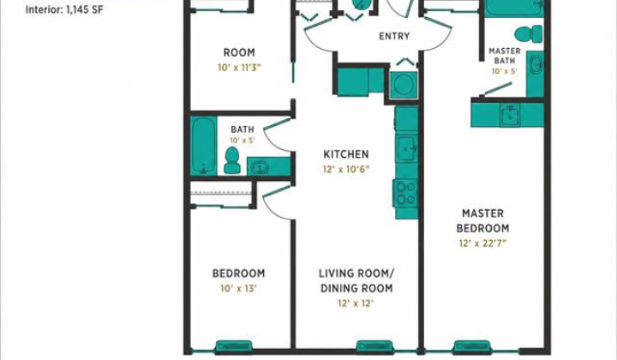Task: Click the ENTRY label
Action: pyautogui.click(x=394, y=36)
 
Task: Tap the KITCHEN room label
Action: pyautogui.click(x=346, y=154)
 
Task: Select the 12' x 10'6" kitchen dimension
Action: pyautogui.click(x=346, y=169)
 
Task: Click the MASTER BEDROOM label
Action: pyautogui.click(x=482, y=221)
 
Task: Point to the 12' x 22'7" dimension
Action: pyautogui.click(x=482, y=243)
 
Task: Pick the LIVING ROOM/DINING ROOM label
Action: pyautogui.click(x=356, y=280)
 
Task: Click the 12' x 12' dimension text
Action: pyautogui.click(x=356, y=303)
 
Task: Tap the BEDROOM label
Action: pyautogui.click(x=239, y=273)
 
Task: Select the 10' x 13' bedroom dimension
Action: pyautogui.click(x=238, y=288)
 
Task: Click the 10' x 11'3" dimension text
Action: pyautogui.click(x=239, y=67)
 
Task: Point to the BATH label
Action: pyautogui.click(x=243, y=129)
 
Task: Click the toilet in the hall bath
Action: pyautogui.click(x=232, y=160)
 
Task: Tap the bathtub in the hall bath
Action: pyautogui.click(x=203, y=146)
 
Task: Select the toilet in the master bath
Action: pyautogui.click(x=529, y=33)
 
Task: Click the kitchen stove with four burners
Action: pyautogui.click(x=405, y=193)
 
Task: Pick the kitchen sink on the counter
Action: pyautogui.click(x=406, y=148)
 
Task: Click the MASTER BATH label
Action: pyautogui.click(x=505, y=56)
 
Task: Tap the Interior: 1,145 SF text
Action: pyautogui.click(x=64, y=9)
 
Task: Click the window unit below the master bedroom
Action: pyautogui.click(x=472, y=347)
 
